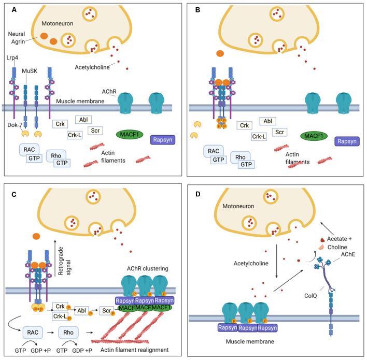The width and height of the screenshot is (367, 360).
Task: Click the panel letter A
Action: coord(9,10)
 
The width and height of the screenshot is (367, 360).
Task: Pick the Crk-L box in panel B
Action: coord(259,137)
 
